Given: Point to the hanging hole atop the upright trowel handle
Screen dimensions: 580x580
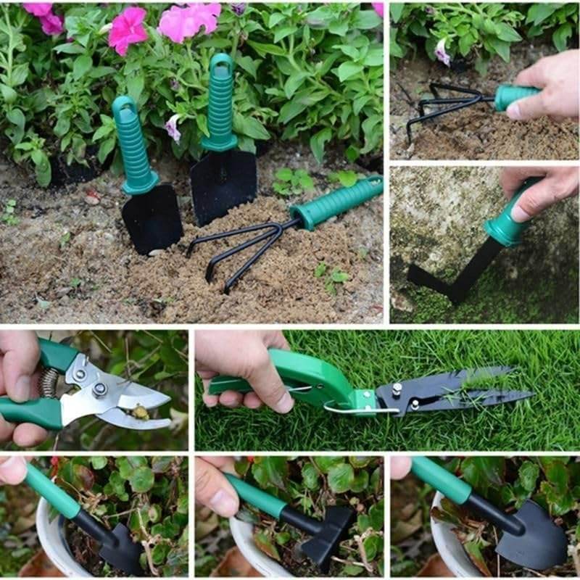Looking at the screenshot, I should point(221,67).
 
